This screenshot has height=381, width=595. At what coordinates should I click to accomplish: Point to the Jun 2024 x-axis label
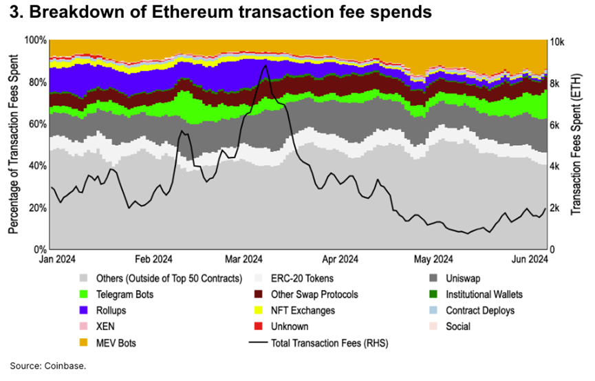pyautogui.click(x=528, y=259)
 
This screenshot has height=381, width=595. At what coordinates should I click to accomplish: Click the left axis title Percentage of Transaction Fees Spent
pyautogui.click(x=13, y=144)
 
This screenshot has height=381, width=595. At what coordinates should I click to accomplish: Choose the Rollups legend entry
pyautogui.click(x=113, y=310)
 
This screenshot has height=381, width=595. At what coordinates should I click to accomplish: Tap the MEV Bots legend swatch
pyautogui.click(x=84, y=342)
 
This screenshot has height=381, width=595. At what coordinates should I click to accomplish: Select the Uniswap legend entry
pyautogui.click(x=465, y=279)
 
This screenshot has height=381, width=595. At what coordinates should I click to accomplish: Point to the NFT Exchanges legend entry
pyautogui.click(x=303, y=310)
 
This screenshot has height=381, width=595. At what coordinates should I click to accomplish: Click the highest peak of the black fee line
pyautogui.click(x=265, y=66)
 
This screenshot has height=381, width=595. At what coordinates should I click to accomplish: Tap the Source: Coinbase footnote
pyautogui.click(x=47, y=365)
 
